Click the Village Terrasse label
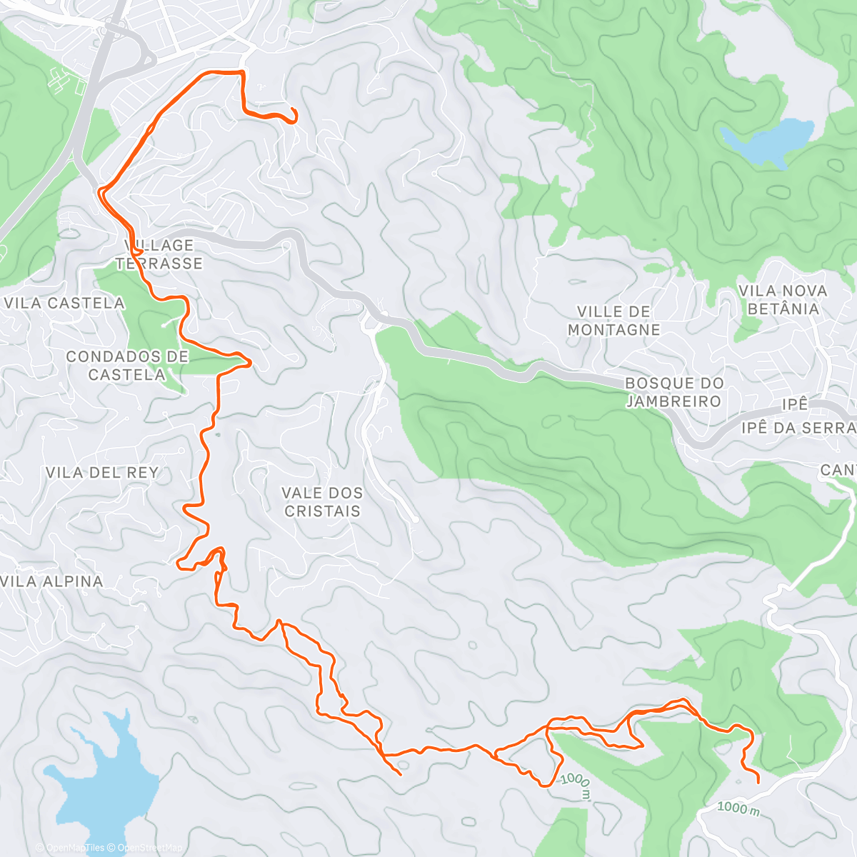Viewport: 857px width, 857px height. tap(159, 254)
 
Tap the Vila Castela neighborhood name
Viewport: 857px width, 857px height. tap(64, 304)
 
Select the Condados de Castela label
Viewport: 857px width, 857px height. tap(127, 366)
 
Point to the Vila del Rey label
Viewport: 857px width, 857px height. tap(101, 473)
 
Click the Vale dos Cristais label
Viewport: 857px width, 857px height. tap(322, 502)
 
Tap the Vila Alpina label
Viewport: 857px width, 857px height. tap(52, 581)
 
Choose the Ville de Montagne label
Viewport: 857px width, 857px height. tap(613, 321)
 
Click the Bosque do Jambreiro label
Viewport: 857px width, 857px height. tap(674, 392)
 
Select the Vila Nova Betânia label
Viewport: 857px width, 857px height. tap(783, 300)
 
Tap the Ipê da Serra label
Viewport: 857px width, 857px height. tap(798, 428)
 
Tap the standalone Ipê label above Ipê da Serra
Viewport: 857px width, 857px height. tap(794, 404)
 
